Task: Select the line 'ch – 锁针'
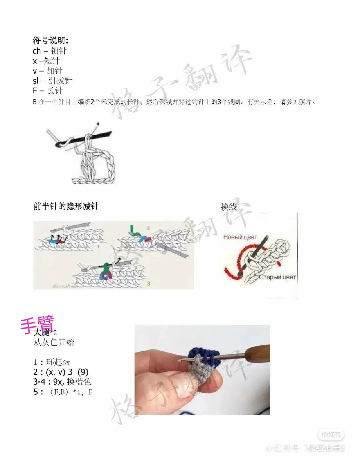50,51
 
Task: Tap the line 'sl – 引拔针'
52,81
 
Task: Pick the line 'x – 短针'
46,61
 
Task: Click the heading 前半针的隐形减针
66,206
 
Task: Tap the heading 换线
229,207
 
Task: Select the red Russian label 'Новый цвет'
240,237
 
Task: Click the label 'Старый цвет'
277,277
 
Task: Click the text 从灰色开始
54,342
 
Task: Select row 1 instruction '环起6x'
52,362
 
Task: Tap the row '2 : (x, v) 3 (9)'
61,372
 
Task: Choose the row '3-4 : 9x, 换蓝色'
62,382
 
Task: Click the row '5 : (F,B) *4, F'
63,392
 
